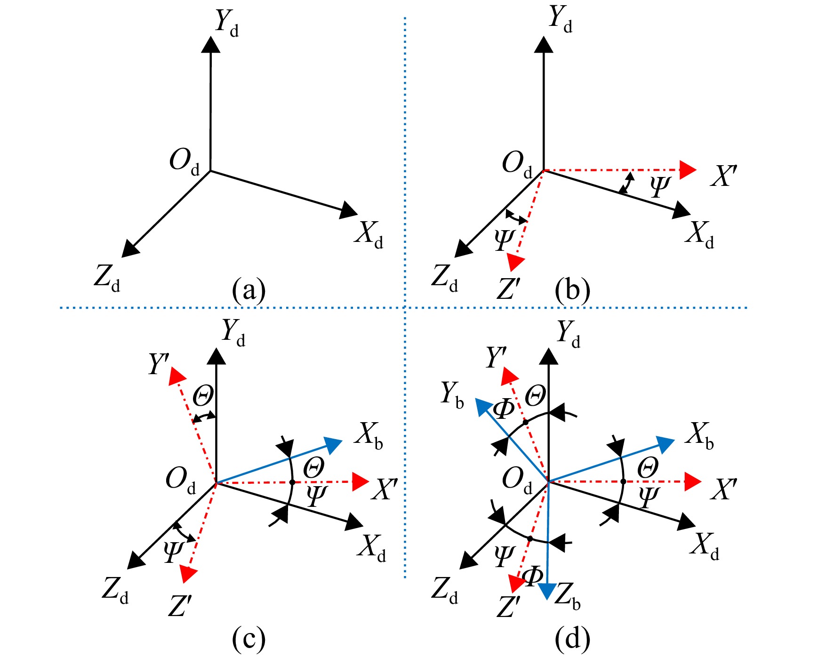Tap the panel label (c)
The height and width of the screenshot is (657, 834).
249,639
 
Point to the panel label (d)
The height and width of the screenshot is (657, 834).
572,639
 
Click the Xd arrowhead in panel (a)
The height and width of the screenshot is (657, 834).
349,210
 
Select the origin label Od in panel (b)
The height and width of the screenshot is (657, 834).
517,165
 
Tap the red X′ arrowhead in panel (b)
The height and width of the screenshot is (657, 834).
688,170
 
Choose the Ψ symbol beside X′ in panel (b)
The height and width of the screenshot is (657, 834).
660,186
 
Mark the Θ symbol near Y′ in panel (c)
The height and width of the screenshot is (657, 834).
203,395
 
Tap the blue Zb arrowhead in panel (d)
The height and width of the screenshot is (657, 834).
547,591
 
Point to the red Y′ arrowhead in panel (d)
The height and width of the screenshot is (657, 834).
509,377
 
